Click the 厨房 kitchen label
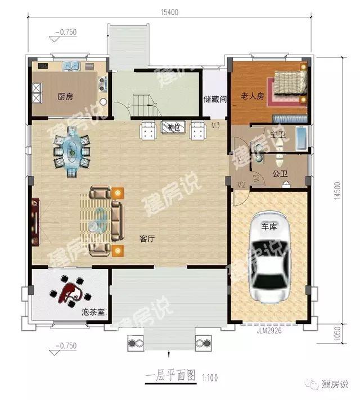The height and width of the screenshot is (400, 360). (x=65, y=96)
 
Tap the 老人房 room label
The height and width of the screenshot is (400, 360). (x=253, y=96)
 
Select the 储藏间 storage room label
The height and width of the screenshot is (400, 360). (x=215, y=100)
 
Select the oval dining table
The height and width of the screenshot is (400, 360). (x=71, y=150)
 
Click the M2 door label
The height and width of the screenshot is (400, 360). (x=241, y=185)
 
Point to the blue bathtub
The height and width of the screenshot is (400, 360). (x=301, y=138)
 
